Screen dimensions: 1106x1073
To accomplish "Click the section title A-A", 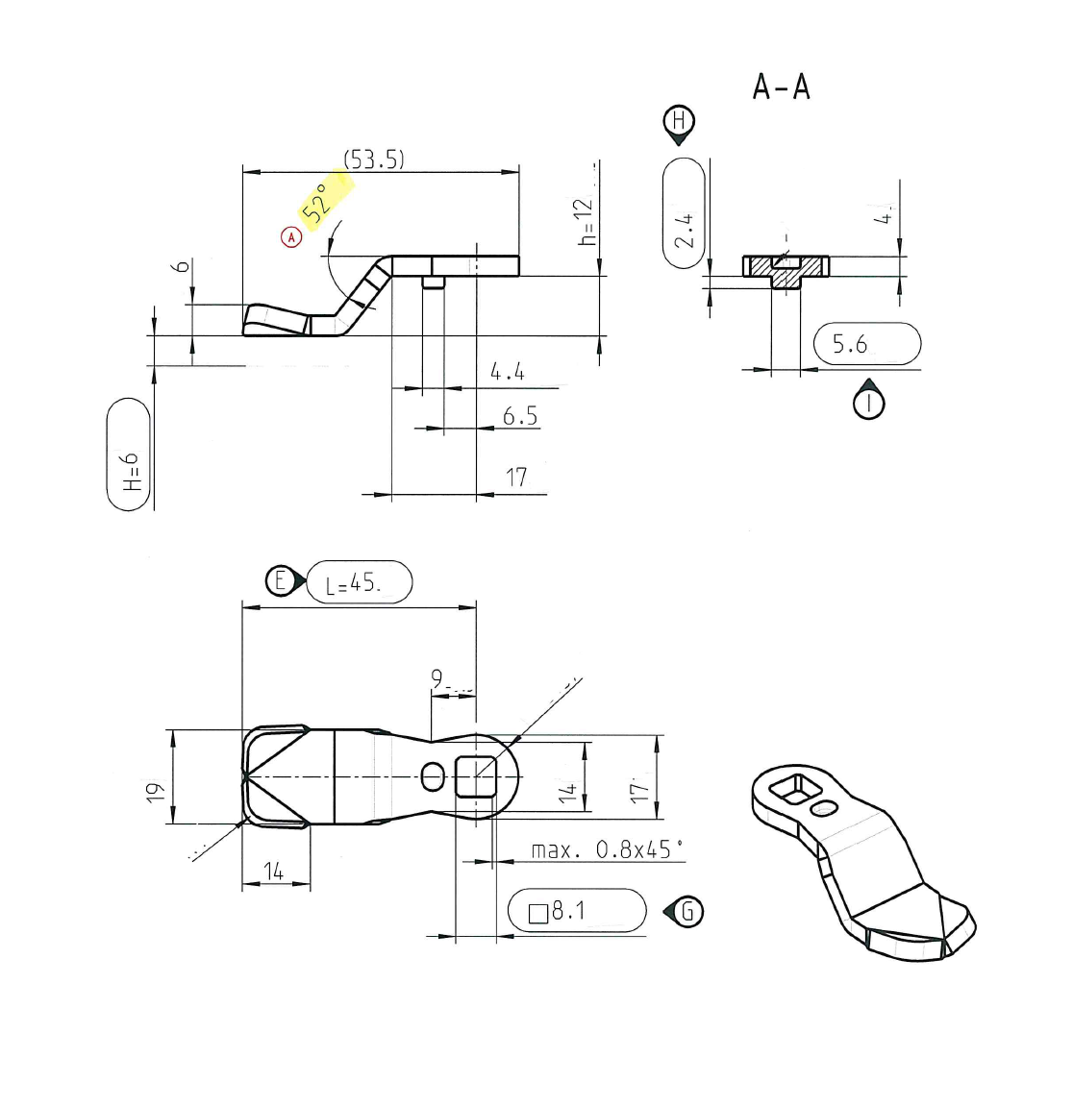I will point(782,87).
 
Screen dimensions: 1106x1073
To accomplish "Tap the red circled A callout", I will point(290,235).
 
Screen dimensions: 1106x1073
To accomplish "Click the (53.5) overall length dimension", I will point(374,160).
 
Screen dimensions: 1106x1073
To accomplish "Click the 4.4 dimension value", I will point(507,372).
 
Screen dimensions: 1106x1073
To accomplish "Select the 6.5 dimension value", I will point(519,416).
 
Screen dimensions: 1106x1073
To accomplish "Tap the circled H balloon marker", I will point(680,121).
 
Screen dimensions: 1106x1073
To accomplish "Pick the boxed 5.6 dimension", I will point(866,344).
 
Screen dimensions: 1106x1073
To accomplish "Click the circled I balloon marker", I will point(869,403).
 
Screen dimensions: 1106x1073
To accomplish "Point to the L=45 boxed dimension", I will point(359,582).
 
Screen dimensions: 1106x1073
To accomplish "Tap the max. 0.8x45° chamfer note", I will point(607,850).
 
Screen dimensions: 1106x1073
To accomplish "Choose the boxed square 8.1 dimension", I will point(577,910).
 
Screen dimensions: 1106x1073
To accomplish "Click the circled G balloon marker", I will point(687,910).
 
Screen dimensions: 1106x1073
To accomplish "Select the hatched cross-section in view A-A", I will point(786,268).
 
